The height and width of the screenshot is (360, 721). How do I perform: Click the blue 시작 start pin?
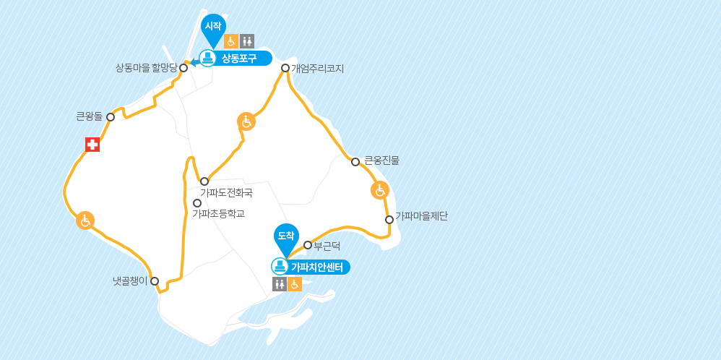click(x=212, y=27)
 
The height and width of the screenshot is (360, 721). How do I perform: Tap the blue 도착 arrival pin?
click(x=286, y=236)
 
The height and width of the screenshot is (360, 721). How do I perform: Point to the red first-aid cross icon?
click(x=92, y=145)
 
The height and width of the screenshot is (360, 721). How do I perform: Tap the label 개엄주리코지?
click(x=317, y=69)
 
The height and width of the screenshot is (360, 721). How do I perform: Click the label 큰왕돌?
click(x=90, y=116)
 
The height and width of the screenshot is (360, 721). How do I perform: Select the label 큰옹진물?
click(x=381, y=160)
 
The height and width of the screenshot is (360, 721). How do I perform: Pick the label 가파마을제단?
click(x=421, y=215)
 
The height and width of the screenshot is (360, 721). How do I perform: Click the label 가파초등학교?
click(x=218, y=213)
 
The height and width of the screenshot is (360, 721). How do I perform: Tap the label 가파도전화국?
click(x=226, y=193)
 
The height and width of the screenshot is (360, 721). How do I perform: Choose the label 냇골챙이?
click(x=125, y=280)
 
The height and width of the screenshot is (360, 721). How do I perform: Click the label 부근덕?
click(x=327, y=246)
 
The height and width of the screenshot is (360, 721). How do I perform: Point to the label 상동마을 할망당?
click(x=146, y=68)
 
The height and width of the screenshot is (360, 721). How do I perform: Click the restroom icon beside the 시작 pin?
click(x=247, y=41)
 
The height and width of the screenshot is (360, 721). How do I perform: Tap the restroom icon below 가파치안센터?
click(x=279, y=284)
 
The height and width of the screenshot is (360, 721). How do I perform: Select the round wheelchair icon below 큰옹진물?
click(x=380, y=190)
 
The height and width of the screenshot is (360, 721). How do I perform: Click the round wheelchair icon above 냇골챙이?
click(x=85, y=220)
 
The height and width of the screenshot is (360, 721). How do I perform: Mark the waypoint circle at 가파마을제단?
click(x=389, y=219)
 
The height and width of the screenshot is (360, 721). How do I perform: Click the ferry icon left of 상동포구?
click(x=207, y=59)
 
